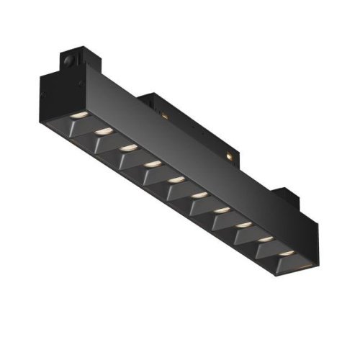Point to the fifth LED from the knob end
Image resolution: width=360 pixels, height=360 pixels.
click(x=175, y=179)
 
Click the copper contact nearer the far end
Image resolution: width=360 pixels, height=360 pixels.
click(x=228, y=153)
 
